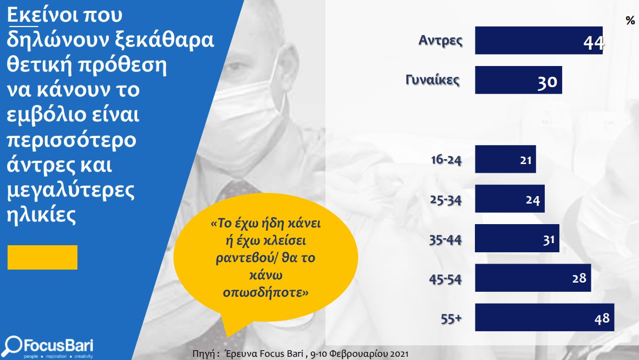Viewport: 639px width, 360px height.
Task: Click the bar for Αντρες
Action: click(x=539, y=40)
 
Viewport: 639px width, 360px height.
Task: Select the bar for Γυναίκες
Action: click(x=518, y=80)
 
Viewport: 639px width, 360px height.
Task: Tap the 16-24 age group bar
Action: click(x=505, y=159)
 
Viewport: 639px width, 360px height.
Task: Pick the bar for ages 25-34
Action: click(x=510, y=199)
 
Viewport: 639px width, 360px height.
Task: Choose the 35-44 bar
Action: click(x=517, y=238)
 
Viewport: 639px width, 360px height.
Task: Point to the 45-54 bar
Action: click(x=533, y=278)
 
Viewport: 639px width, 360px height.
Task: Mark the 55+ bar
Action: click(x=544, y=317)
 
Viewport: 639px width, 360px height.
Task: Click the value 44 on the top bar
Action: click(x=594, y=43)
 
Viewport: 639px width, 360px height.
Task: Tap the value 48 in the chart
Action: click(x=602, y=318)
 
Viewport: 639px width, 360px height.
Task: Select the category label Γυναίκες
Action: click(x=432, y=80)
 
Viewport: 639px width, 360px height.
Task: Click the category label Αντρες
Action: click(x=441, y=40)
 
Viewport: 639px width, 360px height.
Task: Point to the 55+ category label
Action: click(x=451, y=318)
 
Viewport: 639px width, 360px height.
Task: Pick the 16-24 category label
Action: click(x=446, y=160)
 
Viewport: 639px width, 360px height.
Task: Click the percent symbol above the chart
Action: click(x=630, y=21)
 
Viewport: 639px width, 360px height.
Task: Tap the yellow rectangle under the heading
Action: click(x=42, y=257)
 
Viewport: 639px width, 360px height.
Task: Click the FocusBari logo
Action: click(x=48, y=347)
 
